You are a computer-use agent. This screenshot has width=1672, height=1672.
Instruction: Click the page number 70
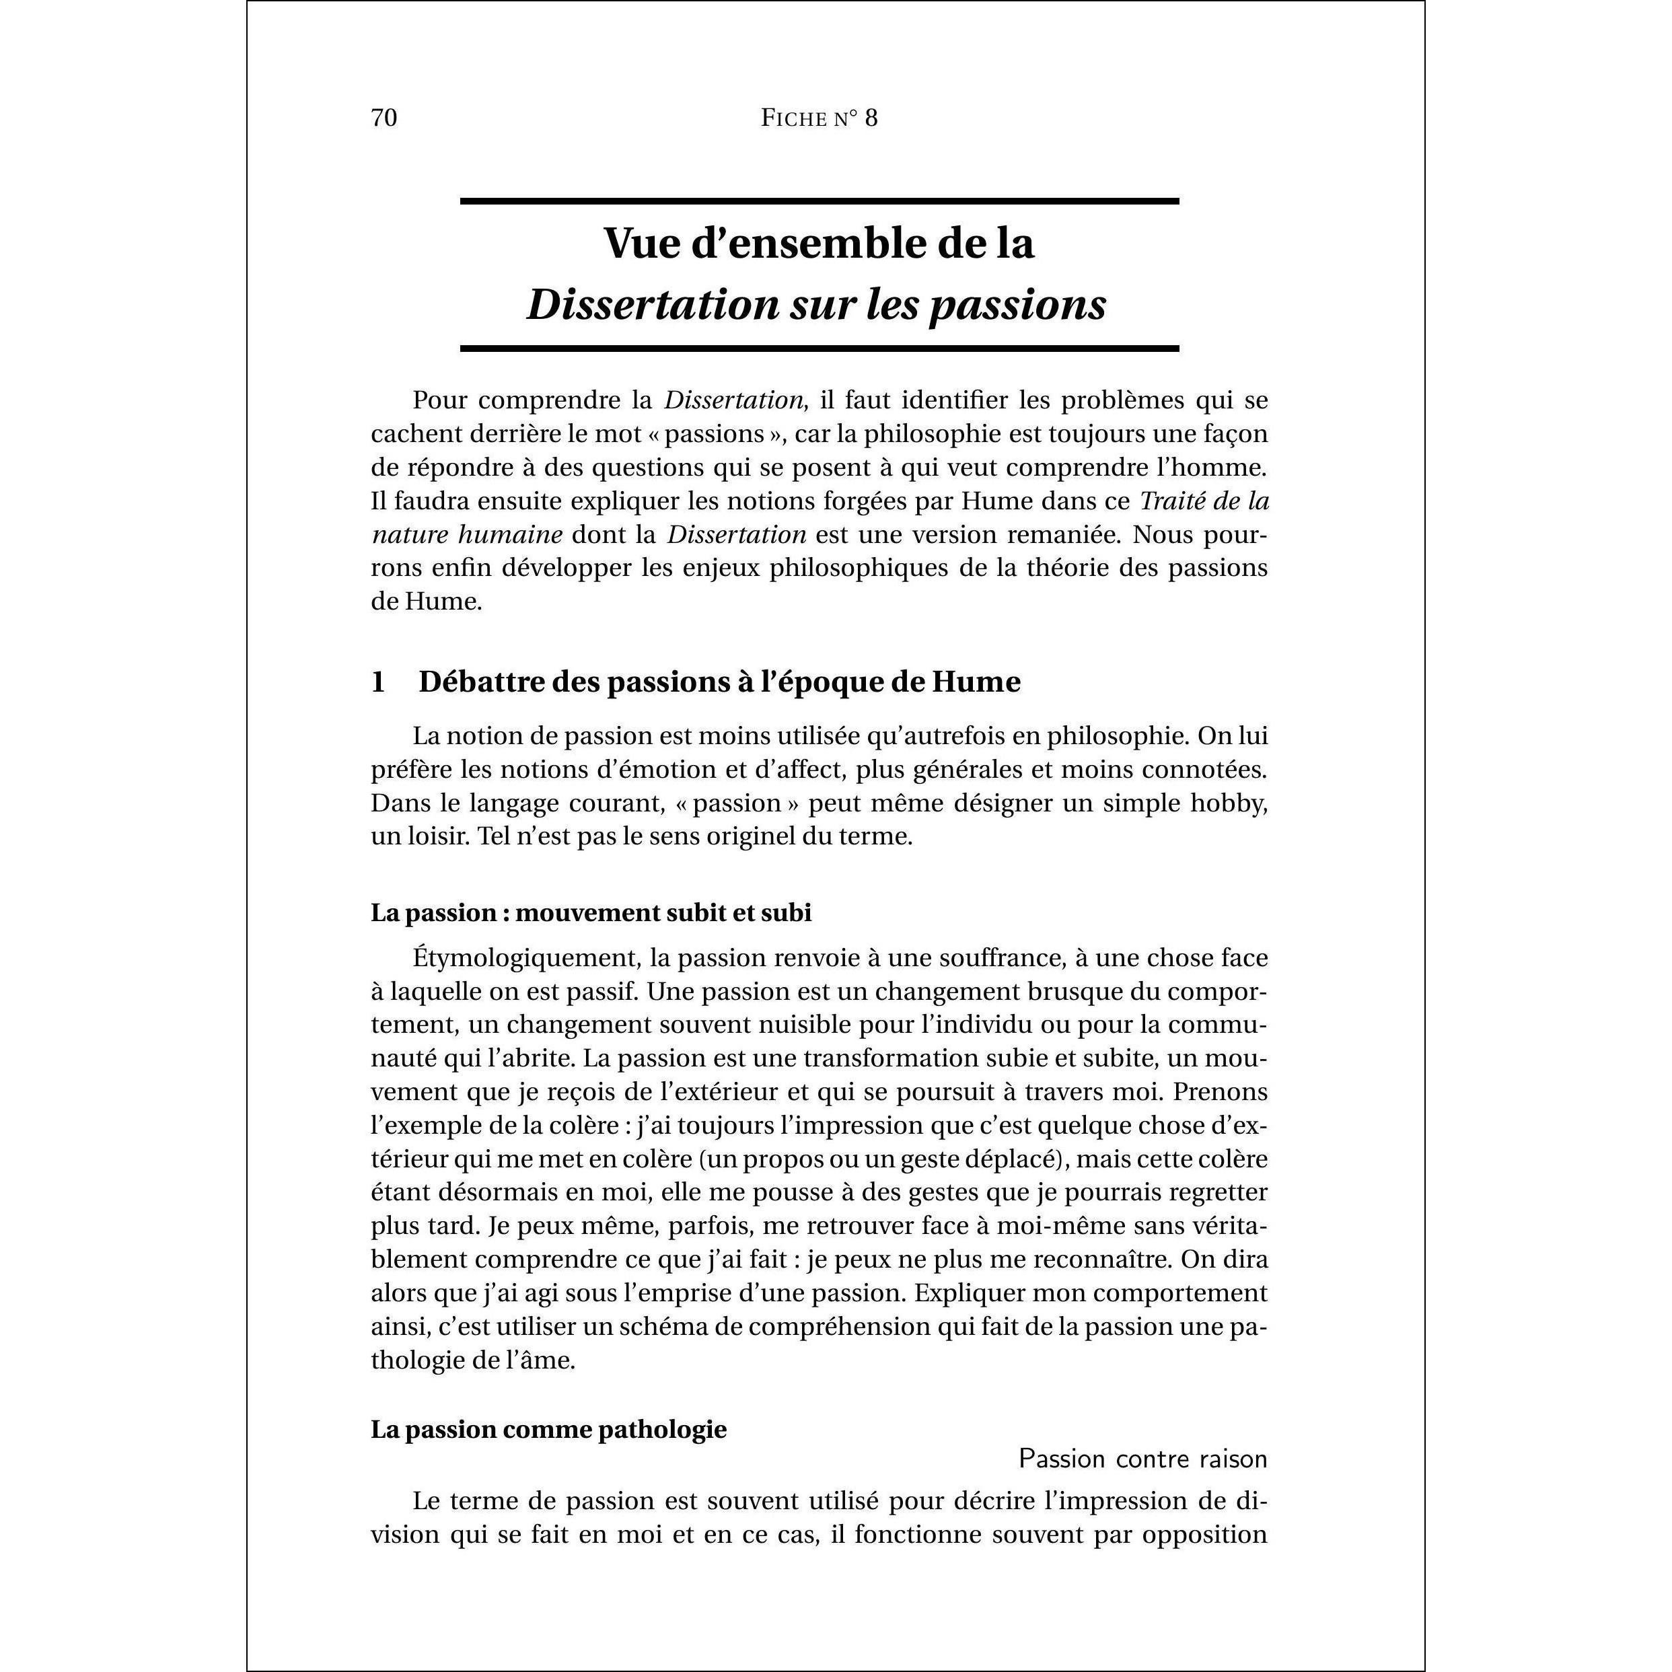[384, 118]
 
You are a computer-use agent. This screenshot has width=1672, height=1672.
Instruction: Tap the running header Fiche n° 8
[819, 118]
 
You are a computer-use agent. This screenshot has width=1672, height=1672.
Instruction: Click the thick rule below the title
[819, 349]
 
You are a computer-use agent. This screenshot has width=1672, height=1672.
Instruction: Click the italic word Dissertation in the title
[653, 305]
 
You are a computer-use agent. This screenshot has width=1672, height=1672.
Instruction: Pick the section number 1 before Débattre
[378, 682]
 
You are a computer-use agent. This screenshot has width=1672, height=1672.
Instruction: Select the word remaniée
[1061, 535]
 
